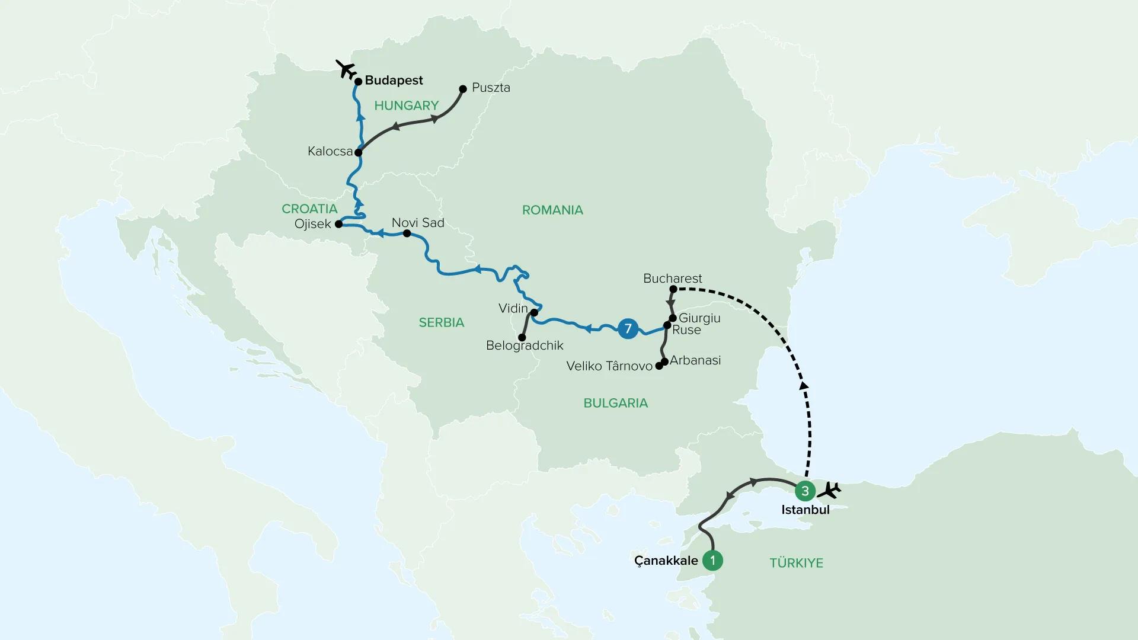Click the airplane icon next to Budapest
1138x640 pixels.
click(345, 69)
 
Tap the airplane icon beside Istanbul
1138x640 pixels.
click(829, 491)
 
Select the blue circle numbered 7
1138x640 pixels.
click(628, 328)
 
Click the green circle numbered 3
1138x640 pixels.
click(805, 491)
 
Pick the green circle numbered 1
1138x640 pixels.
click(712, 560)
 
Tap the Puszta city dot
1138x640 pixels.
click(463, 89)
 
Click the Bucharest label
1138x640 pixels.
click(672, 278)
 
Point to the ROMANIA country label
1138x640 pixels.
click(552, 210)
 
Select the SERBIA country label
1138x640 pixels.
click(441, 322)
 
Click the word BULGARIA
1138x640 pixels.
click(615, 403)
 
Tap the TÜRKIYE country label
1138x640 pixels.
click(796, 563)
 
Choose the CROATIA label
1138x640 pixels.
click(309, 209)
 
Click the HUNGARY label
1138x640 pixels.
click(406, 105)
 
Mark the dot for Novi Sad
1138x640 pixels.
click(407, 233)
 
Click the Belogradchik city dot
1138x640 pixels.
click(522, 337)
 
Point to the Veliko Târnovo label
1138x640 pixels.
click(609, 366)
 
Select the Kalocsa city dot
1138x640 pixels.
click(358, 152)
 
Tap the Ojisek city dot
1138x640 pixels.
click(338, 224)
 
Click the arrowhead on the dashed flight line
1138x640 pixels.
click(804, 386)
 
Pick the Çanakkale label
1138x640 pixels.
click(666, 561)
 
